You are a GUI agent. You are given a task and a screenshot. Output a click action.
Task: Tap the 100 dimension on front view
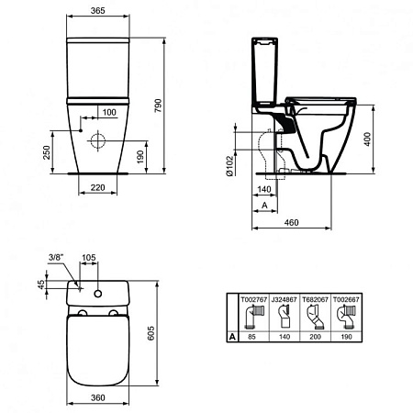[x=109, y=112]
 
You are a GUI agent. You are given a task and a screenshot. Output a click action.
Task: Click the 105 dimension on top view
[x=89, y=260]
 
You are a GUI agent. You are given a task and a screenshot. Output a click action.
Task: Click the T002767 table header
[x=252, y=298]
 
